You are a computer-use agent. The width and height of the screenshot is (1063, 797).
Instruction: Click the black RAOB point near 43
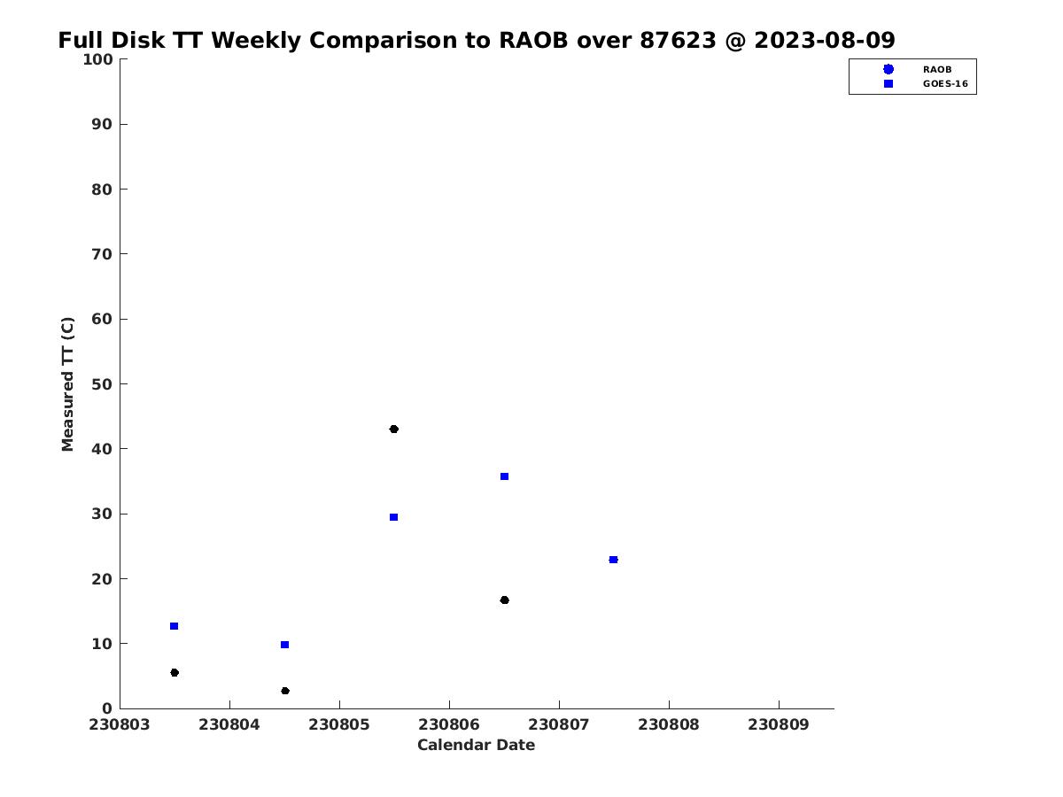393,429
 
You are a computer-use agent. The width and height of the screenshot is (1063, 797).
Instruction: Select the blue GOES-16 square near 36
504,476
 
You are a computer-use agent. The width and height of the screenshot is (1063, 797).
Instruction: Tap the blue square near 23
613,560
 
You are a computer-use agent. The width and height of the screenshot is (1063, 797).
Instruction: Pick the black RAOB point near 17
504,600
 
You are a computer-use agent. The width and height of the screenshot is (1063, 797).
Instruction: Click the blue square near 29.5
393,517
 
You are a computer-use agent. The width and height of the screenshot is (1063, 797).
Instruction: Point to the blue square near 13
174,626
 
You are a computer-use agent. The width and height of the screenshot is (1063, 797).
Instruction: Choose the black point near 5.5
175,673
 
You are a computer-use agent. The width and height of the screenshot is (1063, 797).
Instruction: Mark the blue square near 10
284,645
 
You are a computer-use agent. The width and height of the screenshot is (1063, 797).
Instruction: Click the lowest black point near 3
285,691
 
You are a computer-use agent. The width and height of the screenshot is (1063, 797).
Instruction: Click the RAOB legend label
937,70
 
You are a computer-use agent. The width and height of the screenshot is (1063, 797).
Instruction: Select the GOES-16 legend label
945,84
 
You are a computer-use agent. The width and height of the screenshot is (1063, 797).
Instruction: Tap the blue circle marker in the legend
888,69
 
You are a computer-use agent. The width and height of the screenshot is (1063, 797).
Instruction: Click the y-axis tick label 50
102,384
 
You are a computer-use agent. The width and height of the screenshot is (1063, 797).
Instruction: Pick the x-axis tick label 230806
449,724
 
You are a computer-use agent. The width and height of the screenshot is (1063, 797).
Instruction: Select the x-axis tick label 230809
779,724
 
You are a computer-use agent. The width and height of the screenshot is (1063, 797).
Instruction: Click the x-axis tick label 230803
119,724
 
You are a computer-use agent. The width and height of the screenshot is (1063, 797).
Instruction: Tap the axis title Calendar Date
476,745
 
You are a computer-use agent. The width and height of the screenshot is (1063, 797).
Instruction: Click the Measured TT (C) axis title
67,383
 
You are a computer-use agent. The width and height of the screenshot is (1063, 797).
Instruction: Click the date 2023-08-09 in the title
824,40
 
